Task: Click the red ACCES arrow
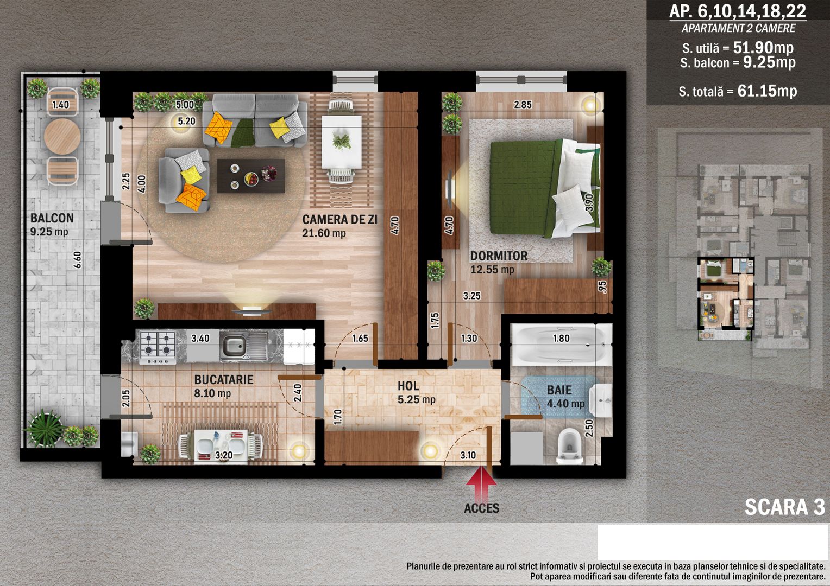point(481,481)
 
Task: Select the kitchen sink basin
point(234,347)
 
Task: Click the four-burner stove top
point(158,347)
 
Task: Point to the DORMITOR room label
point(499,256)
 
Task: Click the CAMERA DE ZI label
point(340,220)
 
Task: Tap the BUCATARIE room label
point(223,379)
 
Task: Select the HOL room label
point(408,386)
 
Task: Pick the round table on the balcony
point(62,136)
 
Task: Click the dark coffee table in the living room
point(251,176)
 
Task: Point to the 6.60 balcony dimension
point(77,260)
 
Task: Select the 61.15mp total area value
point(767,91)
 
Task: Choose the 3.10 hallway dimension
point(468,455)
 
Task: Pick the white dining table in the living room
point(341,142)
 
